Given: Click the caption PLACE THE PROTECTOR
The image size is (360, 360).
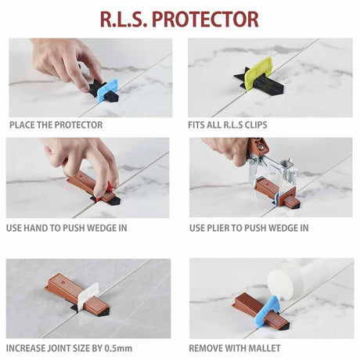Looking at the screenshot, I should (56, 124).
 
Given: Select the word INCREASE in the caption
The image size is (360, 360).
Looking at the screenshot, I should (29, 347).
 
